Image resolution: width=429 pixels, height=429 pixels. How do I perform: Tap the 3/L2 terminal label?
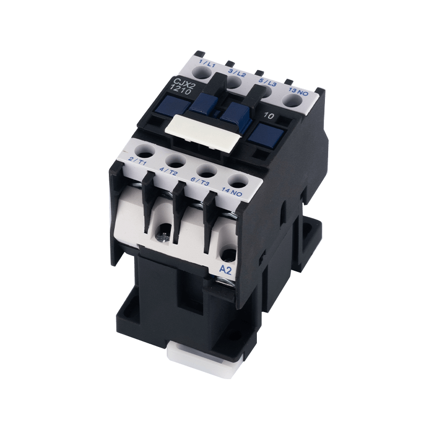click(237, 73)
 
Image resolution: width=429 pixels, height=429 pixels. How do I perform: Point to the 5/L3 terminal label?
click(268, 83)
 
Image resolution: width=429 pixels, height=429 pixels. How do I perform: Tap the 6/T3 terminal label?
click(201, 182)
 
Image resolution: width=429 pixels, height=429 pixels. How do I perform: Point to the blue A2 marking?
click(226, 271)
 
